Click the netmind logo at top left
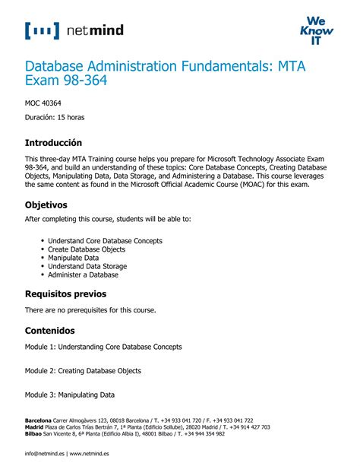tap(74, 30)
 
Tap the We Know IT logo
tap(316, 31)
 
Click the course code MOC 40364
tap(43, 102)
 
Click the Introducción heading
tap(53, 143)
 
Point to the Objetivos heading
tap(46, 205)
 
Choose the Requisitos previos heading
tap(65, 293)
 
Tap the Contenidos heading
tap(50, 331)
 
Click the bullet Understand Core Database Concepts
tap(105, 241)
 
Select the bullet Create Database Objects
tap(87, 249)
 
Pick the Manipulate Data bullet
tap(74, 258)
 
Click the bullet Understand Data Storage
tap(87, 266)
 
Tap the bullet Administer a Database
tap(84, 274)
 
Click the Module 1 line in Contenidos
tap(103, 347)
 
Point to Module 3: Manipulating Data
tap(70, 395)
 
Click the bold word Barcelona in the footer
tap(38, 420)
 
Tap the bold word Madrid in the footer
tap(34, 427)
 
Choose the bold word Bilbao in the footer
tap(33, 434)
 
